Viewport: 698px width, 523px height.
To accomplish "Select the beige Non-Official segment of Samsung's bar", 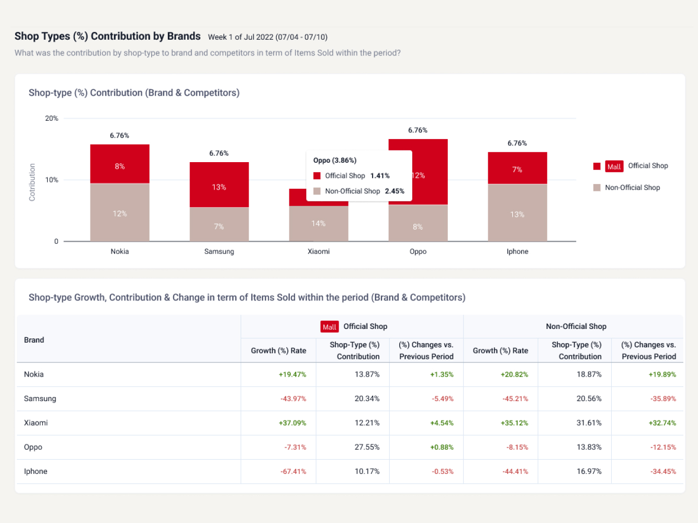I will click(x=219, y=224).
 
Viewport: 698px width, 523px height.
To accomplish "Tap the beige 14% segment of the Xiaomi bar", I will click(x=319, y=223).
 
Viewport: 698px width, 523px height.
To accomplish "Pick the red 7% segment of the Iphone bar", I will click(x=517, y=168).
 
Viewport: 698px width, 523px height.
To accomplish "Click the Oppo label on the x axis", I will click(x=418, y=252).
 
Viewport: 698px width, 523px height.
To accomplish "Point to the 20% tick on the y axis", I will click(x=52, y=119).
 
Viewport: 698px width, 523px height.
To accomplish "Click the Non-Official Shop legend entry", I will click(x=632, y=188).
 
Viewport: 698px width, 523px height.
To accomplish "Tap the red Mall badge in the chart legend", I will click(x=614, y=166).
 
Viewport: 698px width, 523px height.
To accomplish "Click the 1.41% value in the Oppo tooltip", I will click(x=380, y=176).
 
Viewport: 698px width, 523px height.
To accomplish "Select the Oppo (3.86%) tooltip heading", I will click(x=335, y=161).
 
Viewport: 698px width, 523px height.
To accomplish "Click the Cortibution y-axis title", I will click(x=32, y=182).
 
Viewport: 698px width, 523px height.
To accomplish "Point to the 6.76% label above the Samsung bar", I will click(x=219, y=153).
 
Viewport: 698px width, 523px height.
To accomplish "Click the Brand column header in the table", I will click(x=34, y=340).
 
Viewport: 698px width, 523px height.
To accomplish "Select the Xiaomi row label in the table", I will click(x=36, y=423).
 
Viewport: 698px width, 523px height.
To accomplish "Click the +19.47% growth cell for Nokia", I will click(x=292, y=374).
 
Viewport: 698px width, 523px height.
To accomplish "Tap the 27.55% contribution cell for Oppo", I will click(x=367, y=447).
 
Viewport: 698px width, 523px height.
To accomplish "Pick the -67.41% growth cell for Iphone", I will click(x=293, y=471).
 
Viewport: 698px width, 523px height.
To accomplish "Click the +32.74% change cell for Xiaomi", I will click(x=662, y=423).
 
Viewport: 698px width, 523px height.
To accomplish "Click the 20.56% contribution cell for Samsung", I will click(x=589, y=399).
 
